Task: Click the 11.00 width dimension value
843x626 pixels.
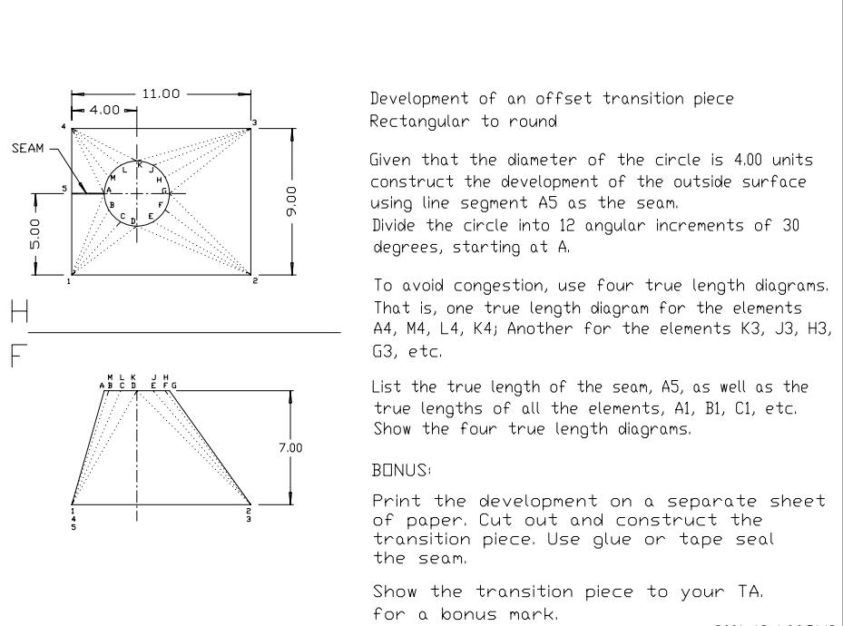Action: coord(160,93)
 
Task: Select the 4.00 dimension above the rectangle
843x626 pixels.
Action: coord(103,110)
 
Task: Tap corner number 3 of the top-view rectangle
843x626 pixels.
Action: coord(255,122)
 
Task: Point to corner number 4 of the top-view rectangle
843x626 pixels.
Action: coord(64,125)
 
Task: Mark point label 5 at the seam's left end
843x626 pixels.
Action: coord(64,189)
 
